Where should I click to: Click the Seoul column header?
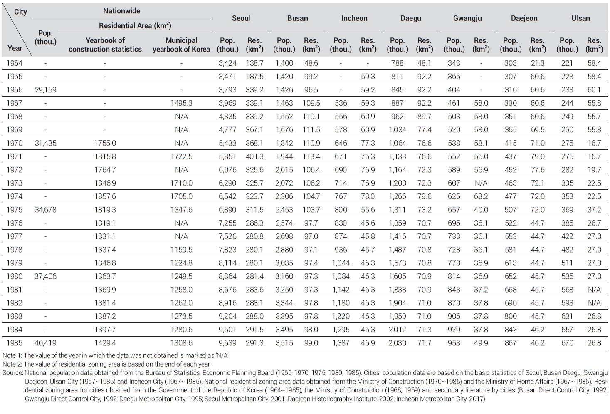[241, 18]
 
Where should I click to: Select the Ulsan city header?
[580, 18]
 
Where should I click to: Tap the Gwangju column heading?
[467, 18]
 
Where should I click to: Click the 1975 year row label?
[15, 210]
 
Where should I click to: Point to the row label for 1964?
[15, 63]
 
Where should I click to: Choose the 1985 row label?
[15, 343]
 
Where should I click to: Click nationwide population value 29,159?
[45, 90]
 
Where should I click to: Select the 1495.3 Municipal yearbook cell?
[181, 103]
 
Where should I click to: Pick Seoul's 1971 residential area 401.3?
[254, 156]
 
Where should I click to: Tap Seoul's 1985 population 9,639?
[227, 343]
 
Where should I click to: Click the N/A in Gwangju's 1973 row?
[481, 183]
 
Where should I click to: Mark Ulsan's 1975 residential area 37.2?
[594, 210]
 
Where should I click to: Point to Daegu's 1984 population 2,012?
[397, 330]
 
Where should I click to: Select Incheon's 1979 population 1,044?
[341, 263]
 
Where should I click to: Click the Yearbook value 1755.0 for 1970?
[105, 143]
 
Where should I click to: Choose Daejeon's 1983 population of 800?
[510, 316]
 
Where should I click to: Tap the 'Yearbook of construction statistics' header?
[105, 45]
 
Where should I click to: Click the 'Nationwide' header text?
[121, 11]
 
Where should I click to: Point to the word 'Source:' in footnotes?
[13, 373]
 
